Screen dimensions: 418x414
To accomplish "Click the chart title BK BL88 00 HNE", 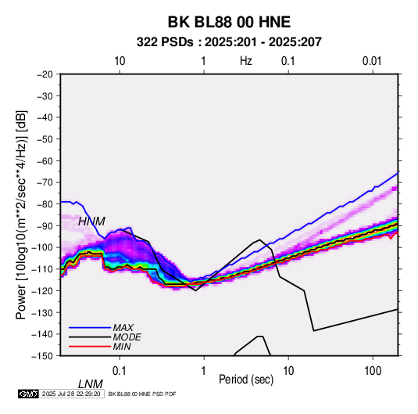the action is click(x=229, y=22).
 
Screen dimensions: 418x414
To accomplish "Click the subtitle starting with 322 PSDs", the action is click(x=229, y=42).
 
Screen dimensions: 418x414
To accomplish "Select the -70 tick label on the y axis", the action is click(x=45, y=182).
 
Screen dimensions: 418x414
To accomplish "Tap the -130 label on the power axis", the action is click(x=42, y=312).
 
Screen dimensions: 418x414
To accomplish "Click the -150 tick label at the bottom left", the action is click(x=42, y=356).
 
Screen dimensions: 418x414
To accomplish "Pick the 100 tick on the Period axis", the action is click(x=373, y=370).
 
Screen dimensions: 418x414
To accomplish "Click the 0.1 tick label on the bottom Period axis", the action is click(x=120, y=370).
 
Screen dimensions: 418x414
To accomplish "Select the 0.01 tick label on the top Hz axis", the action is click(x=372, y=61).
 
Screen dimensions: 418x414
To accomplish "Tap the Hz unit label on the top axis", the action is click(x=246, y=61).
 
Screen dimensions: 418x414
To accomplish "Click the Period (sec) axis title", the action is click(x=246, y=380).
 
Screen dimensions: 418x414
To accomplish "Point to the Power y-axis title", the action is click(x=21, y=214).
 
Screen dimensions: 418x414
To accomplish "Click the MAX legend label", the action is click(x=123, y=327).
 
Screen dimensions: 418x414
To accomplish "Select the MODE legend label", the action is click(x=127, y=337).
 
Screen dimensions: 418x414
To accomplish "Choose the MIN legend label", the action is click(x=122, y=347).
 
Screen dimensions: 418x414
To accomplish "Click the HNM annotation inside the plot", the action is click(x=91, y=221).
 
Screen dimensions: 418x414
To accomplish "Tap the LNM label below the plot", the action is click(x=91, y=384).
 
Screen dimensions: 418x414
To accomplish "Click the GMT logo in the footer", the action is click(x=29, y=394).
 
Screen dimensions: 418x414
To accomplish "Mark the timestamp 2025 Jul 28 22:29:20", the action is click(x=71, y=394).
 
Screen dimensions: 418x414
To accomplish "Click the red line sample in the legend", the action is click(x=90, y=347).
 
